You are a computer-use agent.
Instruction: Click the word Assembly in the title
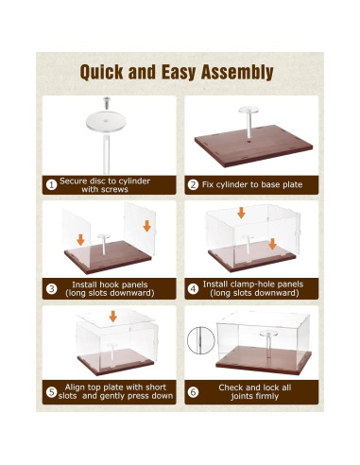(237, 73)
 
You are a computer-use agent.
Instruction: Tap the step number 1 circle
(51, 185)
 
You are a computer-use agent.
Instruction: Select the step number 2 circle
(193, 184)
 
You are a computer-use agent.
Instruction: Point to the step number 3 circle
(51, 289)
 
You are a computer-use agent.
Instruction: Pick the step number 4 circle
(193, 288)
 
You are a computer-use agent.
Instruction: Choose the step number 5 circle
(51, 392)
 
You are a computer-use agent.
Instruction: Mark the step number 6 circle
(193, 392)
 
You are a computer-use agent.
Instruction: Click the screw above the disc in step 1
(107, 103)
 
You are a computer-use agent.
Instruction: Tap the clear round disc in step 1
(106, 121)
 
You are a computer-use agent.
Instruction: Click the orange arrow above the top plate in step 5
(113, 317)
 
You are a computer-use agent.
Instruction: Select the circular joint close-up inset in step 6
(201, 340)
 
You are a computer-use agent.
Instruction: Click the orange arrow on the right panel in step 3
(147, 226)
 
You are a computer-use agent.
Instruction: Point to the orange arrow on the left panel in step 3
(80, 240)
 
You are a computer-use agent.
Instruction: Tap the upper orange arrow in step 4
(241, 213)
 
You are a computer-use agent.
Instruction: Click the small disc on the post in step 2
(249, 110)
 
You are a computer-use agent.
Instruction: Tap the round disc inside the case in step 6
(268, 334)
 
